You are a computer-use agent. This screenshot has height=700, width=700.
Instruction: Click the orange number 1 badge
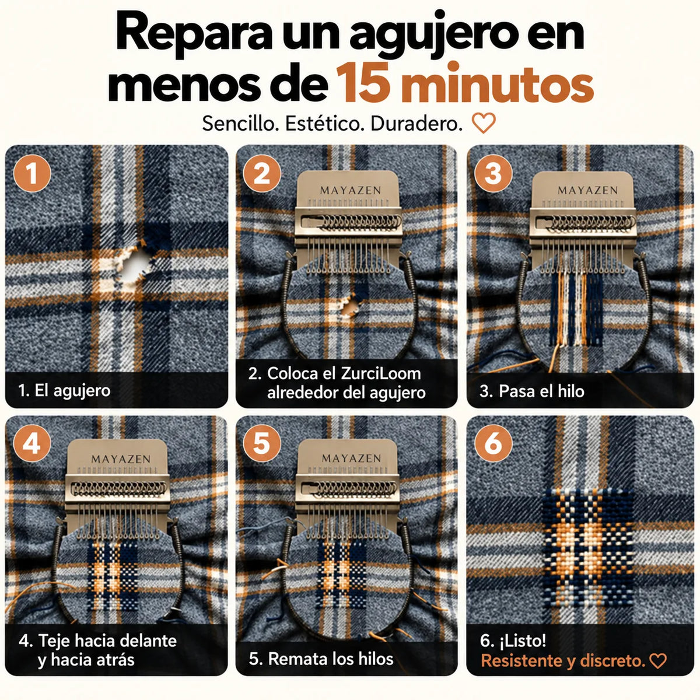32,173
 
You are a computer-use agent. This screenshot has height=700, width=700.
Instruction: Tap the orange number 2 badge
262,173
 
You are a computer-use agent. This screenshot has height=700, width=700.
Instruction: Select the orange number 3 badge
493,173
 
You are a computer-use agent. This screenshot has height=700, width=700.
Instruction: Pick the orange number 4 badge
32,443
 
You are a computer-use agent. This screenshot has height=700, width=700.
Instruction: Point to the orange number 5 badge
262,443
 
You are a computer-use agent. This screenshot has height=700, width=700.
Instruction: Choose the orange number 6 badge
493,443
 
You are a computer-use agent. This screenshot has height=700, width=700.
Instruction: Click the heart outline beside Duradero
484,123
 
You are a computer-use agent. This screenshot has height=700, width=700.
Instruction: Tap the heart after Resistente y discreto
658,661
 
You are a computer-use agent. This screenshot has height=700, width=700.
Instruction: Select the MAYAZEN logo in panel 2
351,190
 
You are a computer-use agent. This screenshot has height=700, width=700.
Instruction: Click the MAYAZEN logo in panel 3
587,190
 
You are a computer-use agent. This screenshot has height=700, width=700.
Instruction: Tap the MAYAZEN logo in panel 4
121,459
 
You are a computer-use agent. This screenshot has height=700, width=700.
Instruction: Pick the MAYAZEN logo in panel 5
351,459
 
